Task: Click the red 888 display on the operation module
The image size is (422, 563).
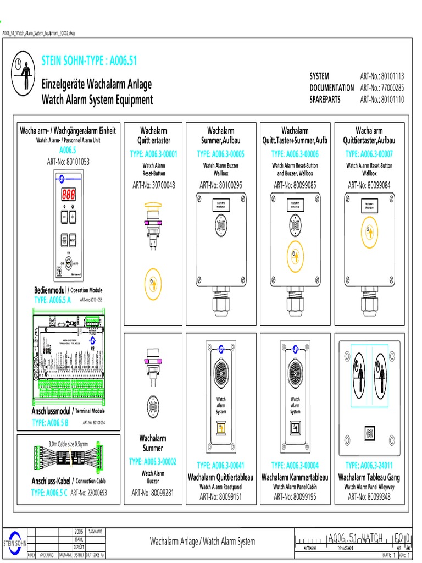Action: point(69,194)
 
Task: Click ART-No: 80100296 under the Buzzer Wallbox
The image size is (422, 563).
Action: point(222,185)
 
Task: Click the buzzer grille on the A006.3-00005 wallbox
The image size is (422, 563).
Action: point(221,226)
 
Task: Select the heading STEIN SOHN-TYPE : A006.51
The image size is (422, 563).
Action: point(90,61)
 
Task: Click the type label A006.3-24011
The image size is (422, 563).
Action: point(369,466)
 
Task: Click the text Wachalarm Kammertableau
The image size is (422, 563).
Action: point(295,477)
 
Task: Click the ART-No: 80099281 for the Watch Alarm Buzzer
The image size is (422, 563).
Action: point(153,492)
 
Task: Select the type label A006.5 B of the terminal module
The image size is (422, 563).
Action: point(50,422)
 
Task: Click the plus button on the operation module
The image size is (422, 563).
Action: point(73,217)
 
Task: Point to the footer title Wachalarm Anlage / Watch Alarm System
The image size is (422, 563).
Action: point(202,542)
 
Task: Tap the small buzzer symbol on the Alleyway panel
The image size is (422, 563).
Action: point(369,433)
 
